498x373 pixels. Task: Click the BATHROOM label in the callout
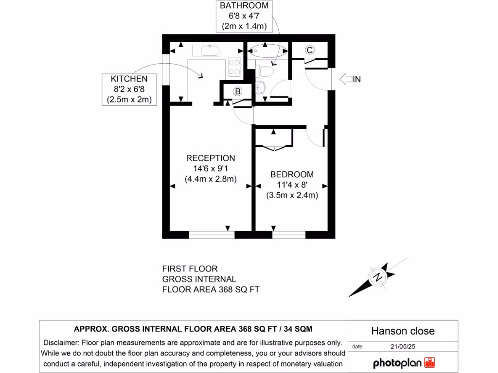point(245,6)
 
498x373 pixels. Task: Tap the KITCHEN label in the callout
point(129,79)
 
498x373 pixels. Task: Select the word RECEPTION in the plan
point(211,158)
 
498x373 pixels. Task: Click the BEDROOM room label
point(292,174)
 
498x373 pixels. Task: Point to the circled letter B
point(238,91)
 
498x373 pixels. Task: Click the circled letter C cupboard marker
point(309,50)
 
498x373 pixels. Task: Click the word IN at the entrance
point(357,80)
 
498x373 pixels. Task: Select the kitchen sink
point(209,51)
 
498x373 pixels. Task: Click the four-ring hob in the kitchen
point(234,67)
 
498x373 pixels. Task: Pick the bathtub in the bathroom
point(267,50)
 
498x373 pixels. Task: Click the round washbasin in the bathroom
point(260,88)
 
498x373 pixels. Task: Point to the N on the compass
point(377,278)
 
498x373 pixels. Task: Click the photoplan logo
point(404,363)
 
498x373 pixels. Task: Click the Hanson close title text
point(403,331)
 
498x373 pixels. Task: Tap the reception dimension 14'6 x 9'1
point(211,169)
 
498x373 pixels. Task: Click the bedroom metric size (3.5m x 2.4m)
point(292,195)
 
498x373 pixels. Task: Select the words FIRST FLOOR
point(190,269)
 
